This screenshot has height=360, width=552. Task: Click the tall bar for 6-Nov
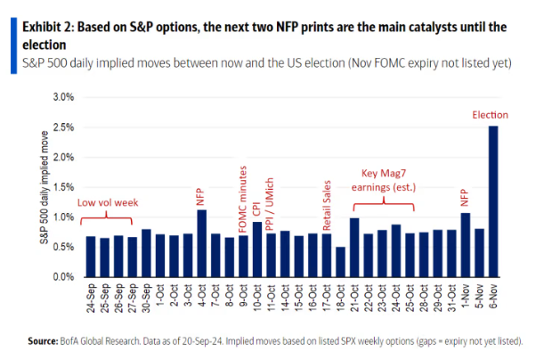492,201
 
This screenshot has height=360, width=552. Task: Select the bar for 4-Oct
201,243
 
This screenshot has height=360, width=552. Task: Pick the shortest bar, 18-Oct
340,262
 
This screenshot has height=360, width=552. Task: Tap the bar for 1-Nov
465,245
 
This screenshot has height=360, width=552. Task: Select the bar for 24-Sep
90,257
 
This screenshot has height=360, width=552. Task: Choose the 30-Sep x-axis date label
147,294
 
